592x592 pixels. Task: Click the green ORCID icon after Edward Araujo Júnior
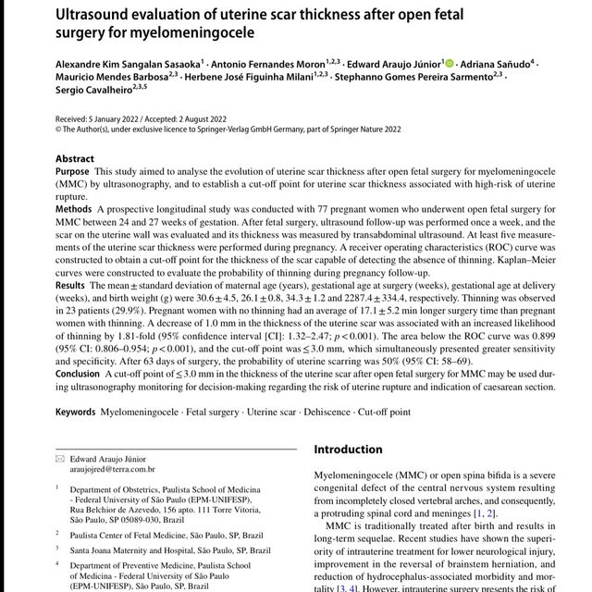click(450, 63)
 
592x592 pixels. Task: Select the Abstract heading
click(74, 159)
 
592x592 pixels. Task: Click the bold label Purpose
click(73, 173)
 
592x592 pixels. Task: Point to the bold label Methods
click(74, 210)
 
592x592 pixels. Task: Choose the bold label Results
click(72, 288)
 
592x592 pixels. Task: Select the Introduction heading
click(348, 450)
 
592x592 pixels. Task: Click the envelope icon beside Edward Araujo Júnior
click(61, 458)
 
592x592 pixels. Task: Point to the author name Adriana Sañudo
click(494, 64)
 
